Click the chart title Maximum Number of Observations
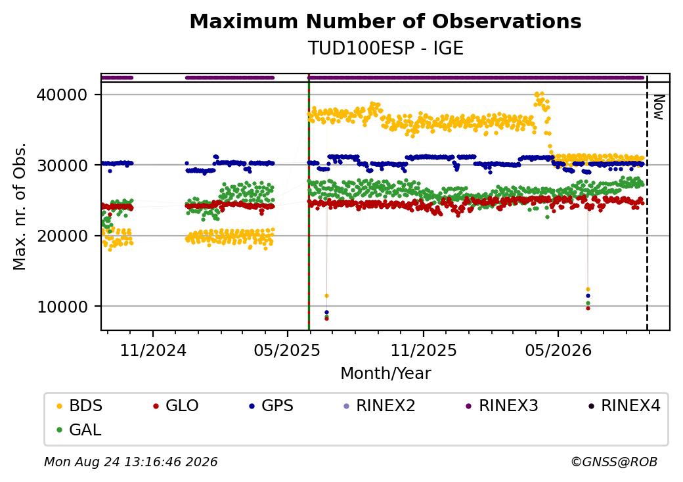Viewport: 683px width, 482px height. tap(386, 21)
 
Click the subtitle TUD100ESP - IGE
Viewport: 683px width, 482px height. tap(386, 49)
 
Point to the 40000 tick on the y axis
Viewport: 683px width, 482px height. tap(62, 95)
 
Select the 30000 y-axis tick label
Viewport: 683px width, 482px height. tap(62, 165)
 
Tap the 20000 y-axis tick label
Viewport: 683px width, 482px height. tap(62, 236)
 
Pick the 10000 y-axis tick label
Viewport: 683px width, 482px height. tap(62, 307)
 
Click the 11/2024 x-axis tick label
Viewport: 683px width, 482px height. tap(153, 351)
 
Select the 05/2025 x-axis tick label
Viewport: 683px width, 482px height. tap(287, 351)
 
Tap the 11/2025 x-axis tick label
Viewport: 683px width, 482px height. tap(424, 351)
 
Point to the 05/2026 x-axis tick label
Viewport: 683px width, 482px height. tap(558, 351)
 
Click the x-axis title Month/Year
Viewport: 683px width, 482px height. tap(386, 374)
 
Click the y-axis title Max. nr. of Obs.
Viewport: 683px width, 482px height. tap(19, 206)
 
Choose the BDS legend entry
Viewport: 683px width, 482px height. tap(79, 406)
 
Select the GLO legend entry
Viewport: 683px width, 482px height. tap(175, 406)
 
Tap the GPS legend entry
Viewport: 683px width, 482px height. tap(271, 406)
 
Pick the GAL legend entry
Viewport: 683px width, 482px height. tap(79, 429)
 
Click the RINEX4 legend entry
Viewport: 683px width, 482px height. tap(624, 406)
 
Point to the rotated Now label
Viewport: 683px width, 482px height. tap(659, 107)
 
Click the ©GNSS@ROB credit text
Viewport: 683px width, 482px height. tap(614, 462)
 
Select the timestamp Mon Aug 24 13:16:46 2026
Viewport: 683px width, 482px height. tap(131, 462)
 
